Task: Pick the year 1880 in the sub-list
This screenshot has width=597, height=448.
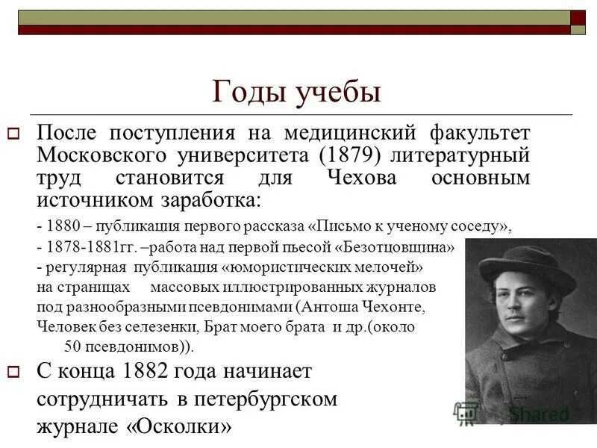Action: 59,225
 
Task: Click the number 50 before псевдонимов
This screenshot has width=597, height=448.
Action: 73,346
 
